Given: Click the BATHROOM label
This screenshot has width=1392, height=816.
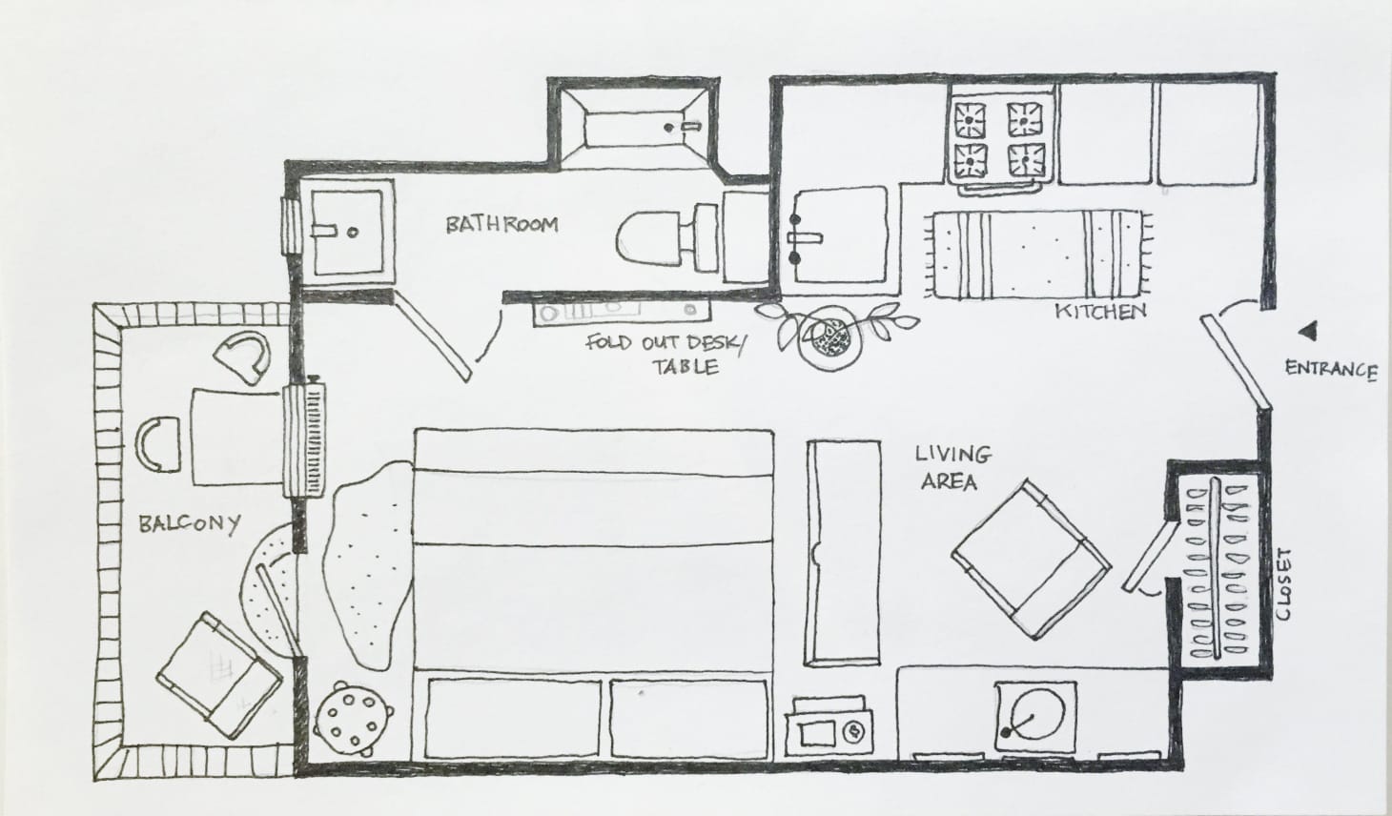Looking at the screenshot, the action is coord(502,224).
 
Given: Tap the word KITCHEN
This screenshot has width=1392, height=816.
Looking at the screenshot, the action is coord(1100,312).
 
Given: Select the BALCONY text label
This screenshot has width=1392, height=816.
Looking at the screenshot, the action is coord(189,524).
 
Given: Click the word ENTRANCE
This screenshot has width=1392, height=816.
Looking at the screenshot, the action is coord(1331,369).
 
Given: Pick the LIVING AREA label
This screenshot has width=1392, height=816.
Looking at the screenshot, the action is coord(952,467).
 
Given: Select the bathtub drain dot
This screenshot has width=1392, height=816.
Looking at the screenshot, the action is coord(668,128).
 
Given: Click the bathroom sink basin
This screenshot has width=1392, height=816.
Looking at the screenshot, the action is coord(347,233).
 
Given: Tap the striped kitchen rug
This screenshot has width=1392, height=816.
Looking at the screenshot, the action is coord(1037,255).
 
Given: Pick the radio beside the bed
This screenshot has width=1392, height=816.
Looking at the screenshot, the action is coord(829,729).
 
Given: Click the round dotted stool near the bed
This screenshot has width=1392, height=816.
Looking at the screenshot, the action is coord(353,719).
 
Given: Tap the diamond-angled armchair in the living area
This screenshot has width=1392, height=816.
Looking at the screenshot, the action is coord(1032,559).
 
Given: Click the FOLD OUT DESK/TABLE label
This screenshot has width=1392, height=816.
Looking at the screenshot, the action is coord(667,355).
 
